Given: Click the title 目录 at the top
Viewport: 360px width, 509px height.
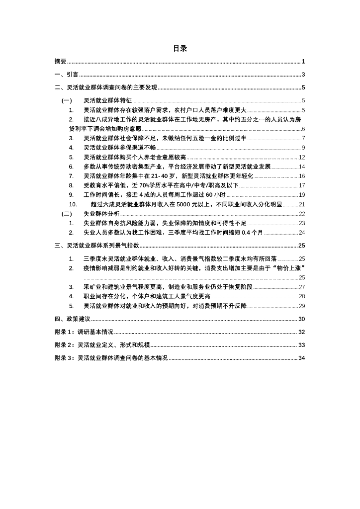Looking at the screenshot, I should point(180,49).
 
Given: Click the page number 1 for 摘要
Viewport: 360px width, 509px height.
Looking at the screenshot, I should point(303,62).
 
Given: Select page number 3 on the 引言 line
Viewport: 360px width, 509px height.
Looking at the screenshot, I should point(303,75).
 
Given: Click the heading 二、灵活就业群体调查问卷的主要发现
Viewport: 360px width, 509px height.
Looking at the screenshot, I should point(105,88).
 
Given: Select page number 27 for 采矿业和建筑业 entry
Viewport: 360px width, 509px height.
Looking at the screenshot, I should point(301,287).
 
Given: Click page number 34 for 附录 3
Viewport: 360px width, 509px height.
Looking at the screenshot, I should point(301,358).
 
